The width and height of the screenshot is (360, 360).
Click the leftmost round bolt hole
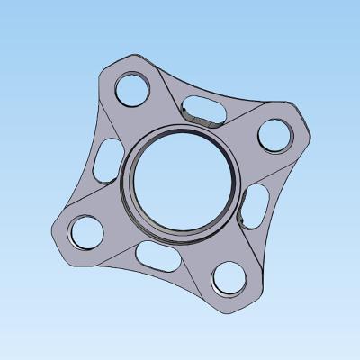click(87, 232)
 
